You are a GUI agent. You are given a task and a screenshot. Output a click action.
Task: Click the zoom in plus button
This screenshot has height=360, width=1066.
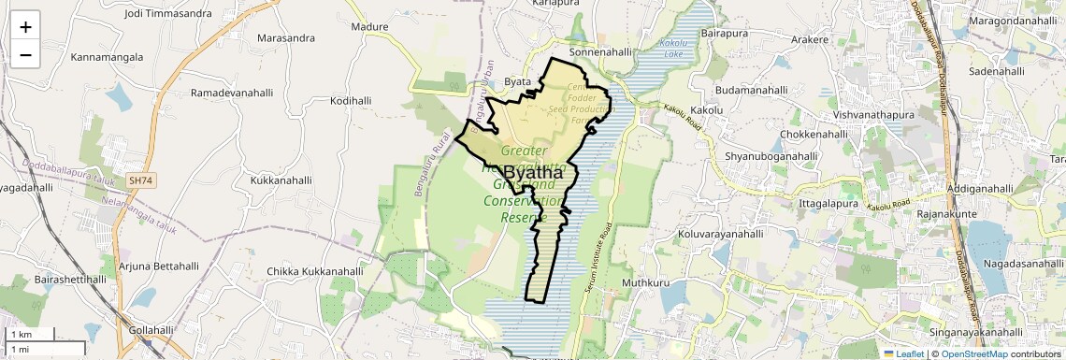pyautogui.click(x=25, y=26)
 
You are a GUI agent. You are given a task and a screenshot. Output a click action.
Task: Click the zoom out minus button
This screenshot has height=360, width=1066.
pyautogui.click(x=25, y=54)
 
